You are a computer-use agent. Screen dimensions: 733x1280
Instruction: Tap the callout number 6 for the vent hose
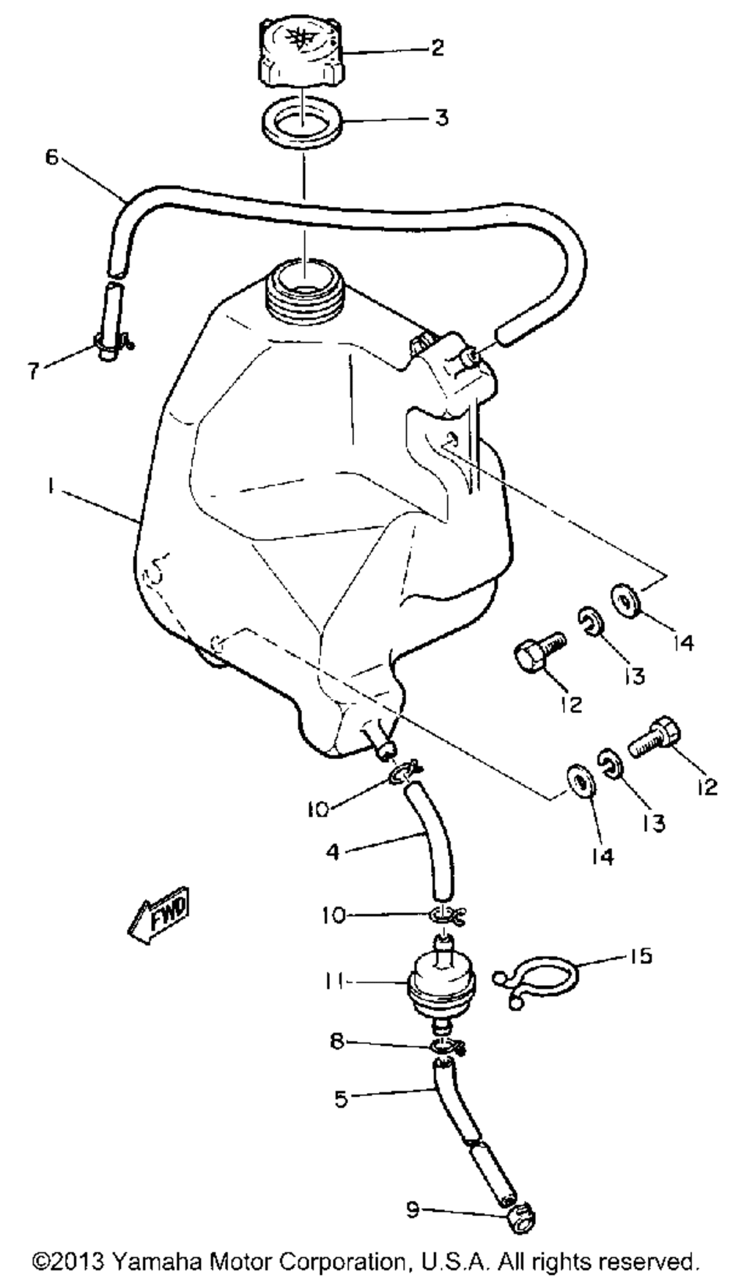click(51, 158)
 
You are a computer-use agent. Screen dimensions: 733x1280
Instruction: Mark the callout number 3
click(441, 117)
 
